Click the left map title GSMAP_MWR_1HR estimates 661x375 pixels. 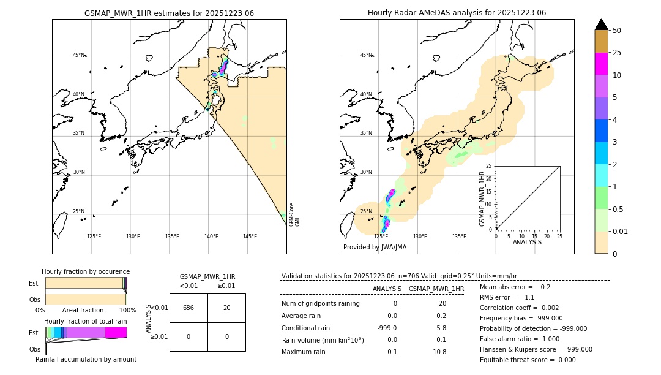169,13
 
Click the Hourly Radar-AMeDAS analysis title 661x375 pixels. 457,13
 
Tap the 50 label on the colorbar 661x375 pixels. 617,31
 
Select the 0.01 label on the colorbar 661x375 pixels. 621,231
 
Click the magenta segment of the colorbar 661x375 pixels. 601,64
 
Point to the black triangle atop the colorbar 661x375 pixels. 601,25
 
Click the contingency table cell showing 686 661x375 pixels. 189,308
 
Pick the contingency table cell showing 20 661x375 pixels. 226,308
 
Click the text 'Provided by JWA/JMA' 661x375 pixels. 375,247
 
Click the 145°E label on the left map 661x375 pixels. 250,237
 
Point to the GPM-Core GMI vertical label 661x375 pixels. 294,214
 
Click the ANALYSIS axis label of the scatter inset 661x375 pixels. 527,242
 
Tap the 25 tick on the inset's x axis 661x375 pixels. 559,236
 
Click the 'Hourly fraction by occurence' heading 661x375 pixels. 86,271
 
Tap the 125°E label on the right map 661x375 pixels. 381,237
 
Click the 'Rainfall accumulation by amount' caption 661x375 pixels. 86,359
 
